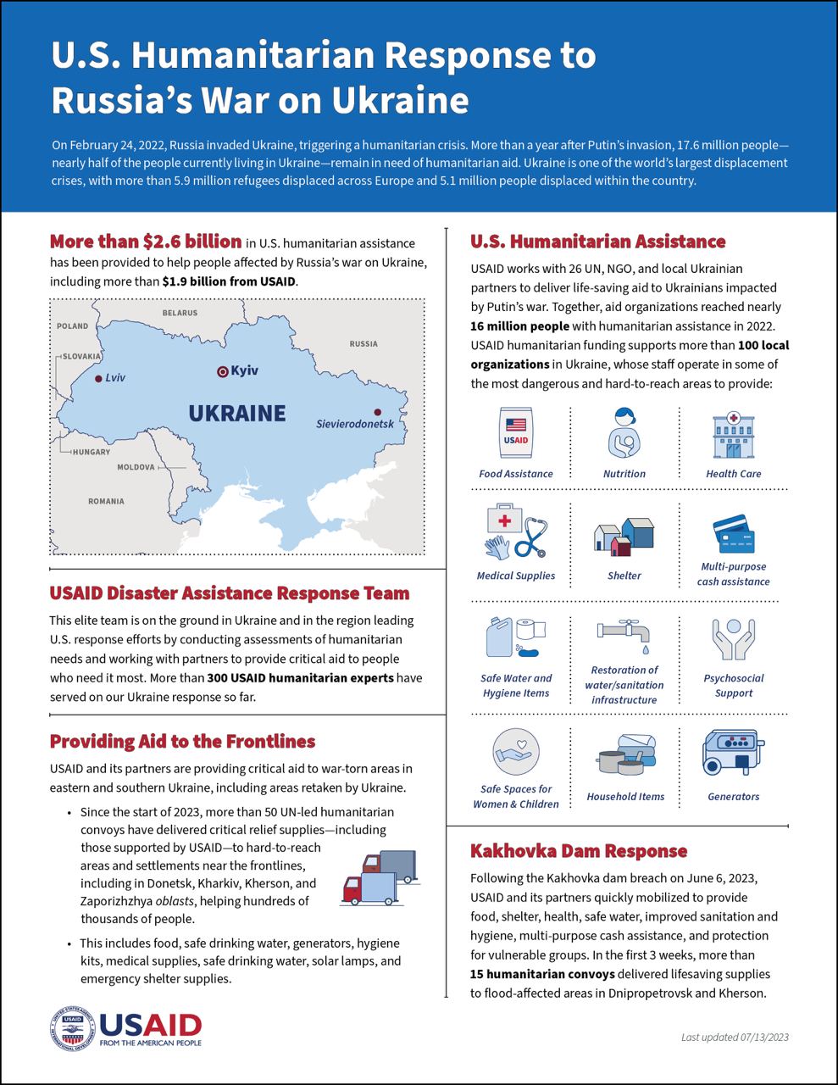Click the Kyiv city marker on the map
tap(223, 370)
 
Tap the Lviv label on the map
tap(114, 378)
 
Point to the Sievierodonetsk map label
tap(354, 424)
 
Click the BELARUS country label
tap(180, 313)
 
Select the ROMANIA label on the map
tap(106, 501)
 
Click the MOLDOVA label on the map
tap(136, 467)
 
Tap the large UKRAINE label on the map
tap(237, 414)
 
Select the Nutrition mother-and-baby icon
tap(624, 432)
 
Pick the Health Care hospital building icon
tap(733, 435)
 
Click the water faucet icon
tap(624, 635)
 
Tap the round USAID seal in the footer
tap(72, 1029)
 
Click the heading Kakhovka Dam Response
tap(579, 851)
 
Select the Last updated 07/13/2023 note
tap(735, 1037)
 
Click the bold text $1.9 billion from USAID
tap(229, 281)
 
